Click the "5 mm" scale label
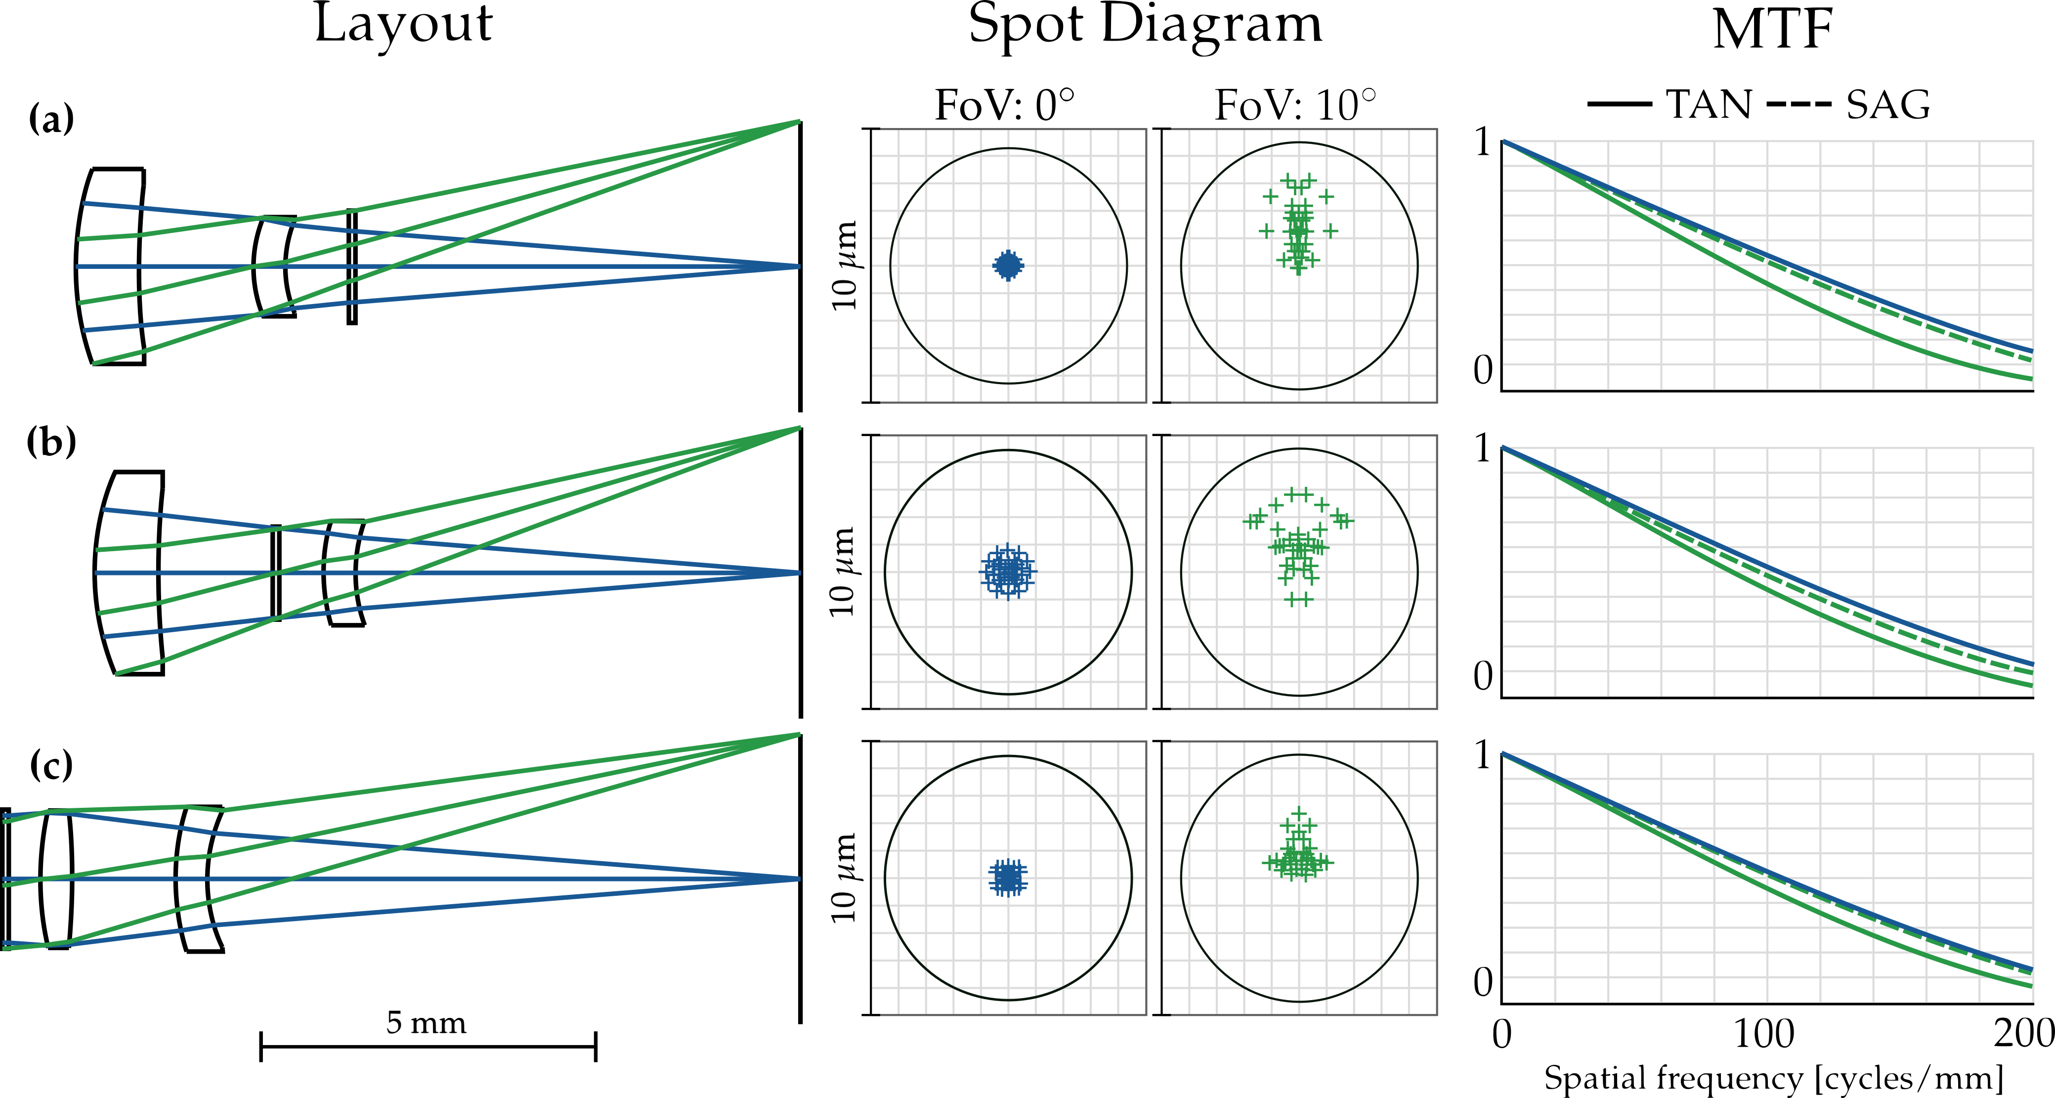[x=426, y=1022]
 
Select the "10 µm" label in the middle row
[x=843, y=572]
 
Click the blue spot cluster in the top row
[x=1008, y=265]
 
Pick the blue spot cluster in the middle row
[x=1008, y=571]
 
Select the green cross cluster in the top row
[x=1299, y=227]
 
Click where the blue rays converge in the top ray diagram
[x=798, y=266]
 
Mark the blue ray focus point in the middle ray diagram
[x=798, y=573]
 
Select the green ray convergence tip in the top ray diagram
[x=798, y=121]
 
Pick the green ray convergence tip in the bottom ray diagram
[x=798, y=734]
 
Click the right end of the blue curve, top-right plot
[x=2030, y=351]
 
